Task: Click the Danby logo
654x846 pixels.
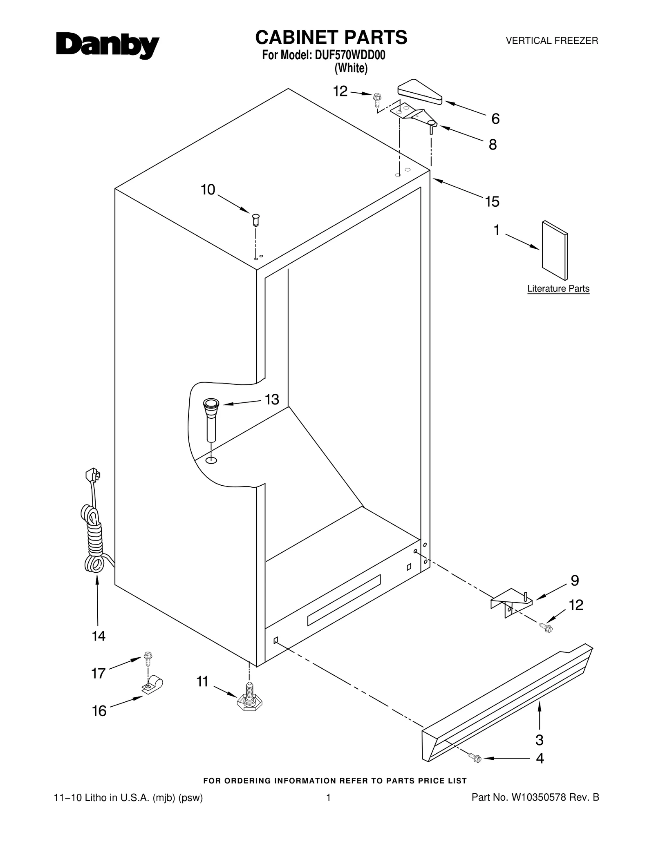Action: click(x=107, y=46)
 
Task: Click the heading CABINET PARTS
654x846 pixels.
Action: click(x=331, y=37)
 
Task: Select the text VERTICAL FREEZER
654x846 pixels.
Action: click(x=552, y=41)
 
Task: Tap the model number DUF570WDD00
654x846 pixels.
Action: click(x=350, y=55)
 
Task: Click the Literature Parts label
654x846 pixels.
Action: click(x=558, y=288)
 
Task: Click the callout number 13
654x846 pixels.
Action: click(x=272, y=400)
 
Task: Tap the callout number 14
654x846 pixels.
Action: click(x=99, y=636)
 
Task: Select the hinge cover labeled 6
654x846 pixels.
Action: click(x=420, y=92)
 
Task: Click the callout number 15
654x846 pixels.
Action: click(x=492, y=201)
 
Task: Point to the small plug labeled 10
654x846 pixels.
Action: click(x=256, y=219)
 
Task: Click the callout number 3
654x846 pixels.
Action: click(x=539, y=739)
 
